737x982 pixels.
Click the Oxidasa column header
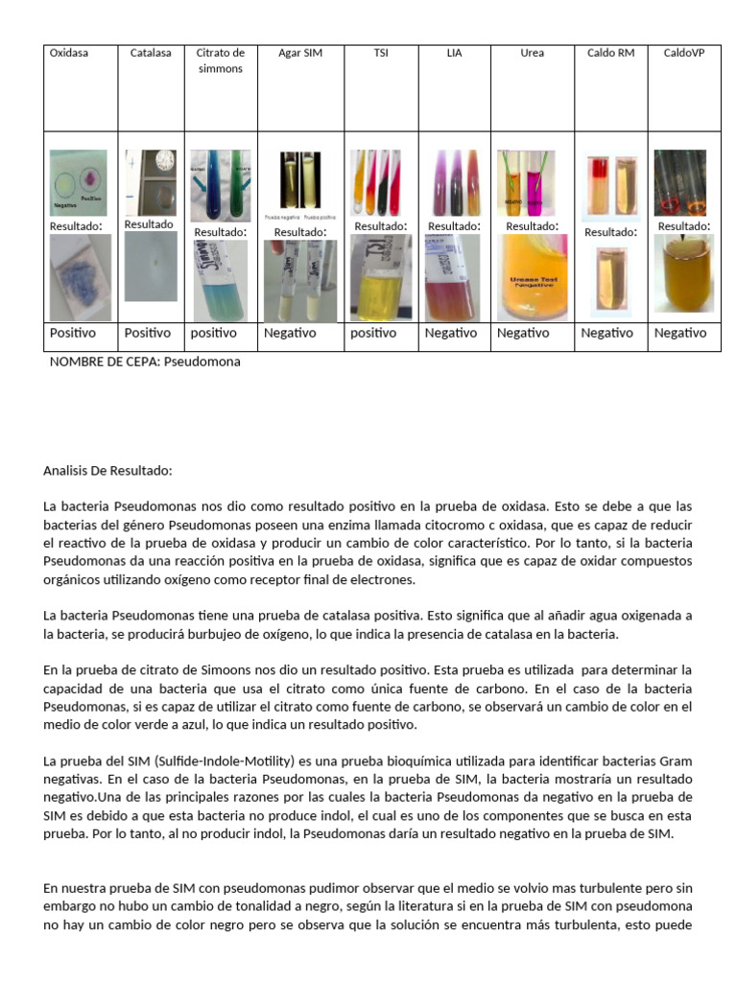[69, 53]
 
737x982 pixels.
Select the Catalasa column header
[151, 53]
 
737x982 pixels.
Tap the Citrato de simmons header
[220, 60]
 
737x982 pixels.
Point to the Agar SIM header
[300, 53]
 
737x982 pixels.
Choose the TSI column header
[380, 53]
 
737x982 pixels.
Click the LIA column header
[454, 53]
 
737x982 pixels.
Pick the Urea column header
[532, 53]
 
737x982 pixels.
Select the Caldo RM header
[610, 53]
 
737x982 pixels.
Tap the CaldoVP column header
[684, 53]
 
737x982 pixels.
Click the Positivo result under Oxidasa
[73, 333]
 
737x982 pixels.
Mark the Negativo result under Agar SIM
[290, 333]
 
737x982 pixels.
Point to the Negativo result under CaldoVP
[680, 333]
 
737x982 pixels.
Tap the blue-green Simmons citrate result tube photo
[220, 280]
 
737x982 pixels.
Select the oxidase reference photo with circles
[80, 181]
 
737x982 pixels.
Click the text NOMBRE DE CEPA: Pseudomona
[145, 362]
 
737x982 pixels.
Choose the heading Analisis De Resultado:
[107, 471]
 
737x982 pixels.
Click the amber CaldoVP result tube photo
[684, 274]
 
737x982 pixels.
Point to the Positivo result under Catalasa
[148, 333]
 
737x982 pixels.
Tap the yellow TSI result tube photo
[380, 277]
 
